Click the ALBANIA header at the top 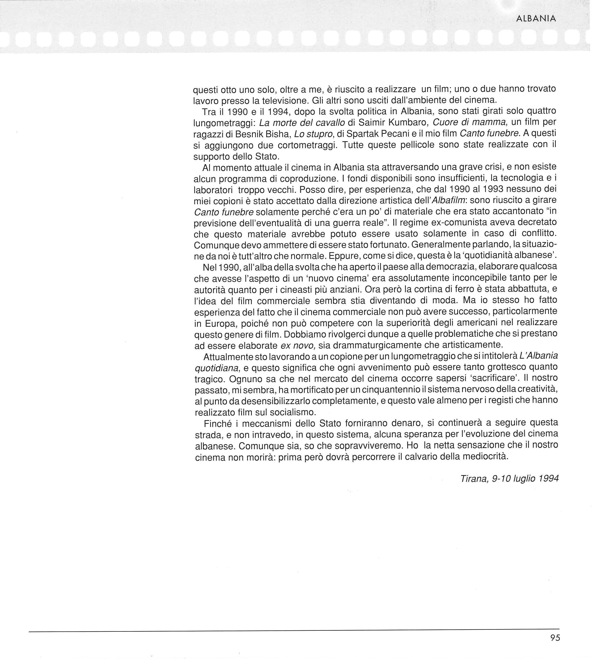point(536,19)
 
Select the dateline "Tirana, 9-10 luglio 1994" point(510,478)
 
